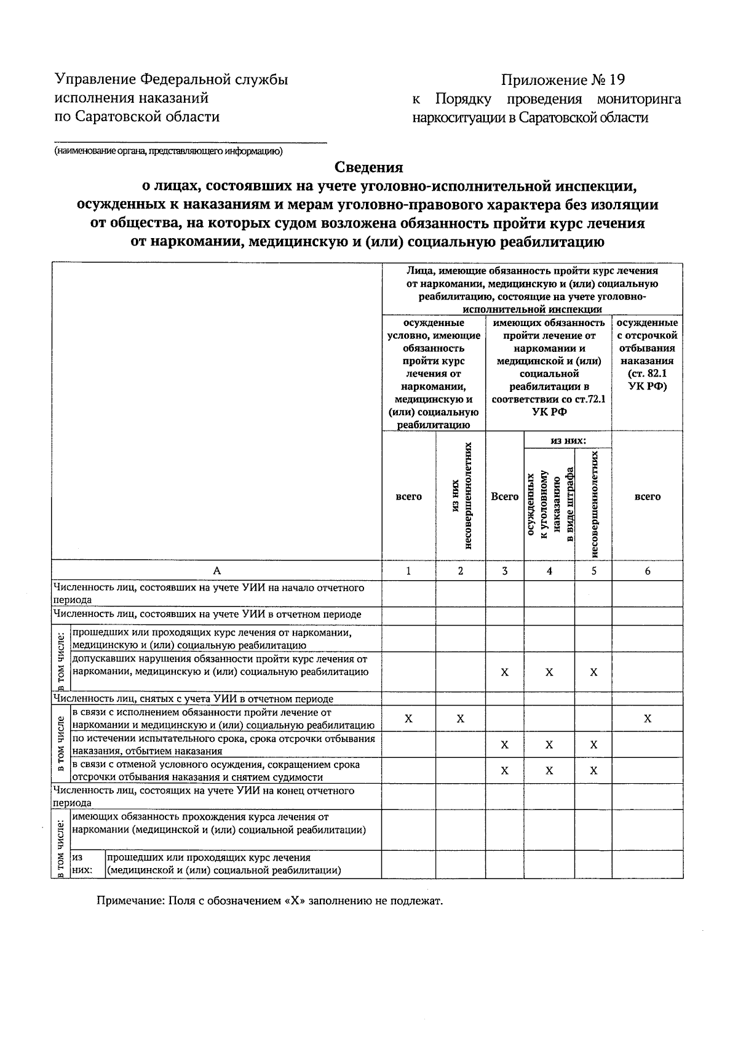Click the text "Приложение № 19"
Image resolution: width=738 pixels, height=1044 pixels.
pos(563,81)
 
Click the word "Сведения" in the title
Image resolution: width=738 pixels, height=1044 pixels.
pos(369,167)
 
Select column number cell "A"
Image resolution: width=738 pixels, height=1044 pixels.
pos(216,571)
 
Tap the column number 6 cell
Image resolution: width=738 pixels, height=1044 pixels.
pos(647,571)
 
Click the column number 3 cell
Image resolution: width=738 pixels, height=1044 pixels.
pos(504,571)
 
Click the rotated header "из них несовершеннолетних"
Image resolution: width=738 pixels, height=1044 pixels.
pos(461,496)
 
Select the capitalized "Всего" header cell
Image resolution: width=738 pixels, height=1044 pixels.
pos(504,496)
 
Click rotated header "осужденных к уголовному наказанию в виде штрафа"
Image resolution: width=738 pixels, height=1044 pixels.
pos(549,504)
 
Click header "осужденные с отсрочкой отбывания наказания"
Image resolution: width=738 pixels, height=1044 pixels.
pos(647,354)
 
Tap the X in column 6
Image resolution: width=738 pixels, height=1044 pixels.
pos(647,719)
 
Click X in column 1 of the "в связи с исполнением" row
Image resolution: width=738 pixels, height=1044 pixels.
pos(408,719)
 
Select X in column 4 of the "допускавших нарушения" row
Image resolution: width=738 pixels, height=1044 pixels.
pos(549,672)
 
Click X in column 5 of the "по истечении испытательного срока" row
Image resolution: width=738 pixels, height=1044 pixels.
pos(593,745)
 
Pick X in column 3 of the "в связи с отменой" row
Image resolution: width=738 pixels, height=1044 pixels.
pos(504,771)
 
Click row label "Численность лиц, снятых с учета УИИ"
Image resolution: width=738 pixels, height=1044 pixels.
pos(193,699)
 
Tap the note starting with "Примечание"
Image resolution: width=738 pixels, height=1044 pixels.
pos(270,901)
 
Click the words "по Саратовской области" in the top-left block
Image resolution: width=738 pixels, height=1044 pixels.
pos(137,116)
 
